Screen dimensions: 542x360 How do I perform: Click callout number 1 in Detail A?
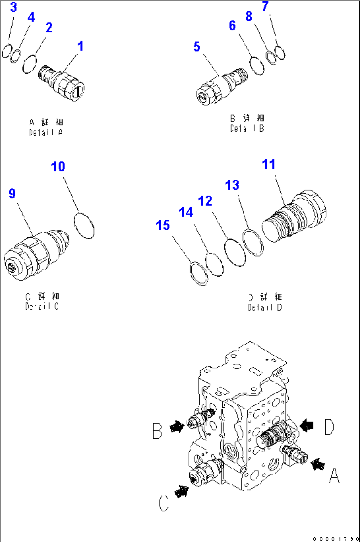coord(80,46)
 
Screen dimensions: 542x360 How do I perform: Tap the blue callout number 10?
coord(58,167)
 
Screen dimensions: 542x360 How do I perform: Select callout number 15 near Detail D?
coord(162,225)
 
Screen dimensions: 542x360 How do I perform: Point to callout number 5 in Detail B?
coord(197,47)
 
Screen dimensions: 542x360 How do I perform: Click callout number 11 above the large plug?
coord(268,164)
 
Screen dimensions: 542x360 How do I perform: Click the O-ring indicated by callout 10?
coord(84,225)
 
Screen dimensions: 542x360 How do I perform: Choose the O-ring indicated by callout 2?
coord(29,64)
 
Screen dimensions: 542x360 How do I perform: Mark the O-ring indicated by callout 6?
coord(257,66)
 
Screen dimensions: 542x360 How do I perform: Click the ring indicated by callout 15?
coord(199,273)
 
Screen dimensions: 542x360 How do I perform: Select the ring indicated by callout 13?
coord(253,242)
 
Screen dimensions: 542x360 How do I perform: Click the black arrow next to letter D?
coord(307,425)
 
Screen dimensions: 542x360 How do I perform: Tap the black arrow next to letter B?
coord(177,427)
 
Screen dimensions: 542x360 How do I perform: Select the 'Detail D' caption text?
coord(265,308)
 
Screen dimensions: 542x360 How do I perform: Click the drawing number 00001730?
coord(335,539)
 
